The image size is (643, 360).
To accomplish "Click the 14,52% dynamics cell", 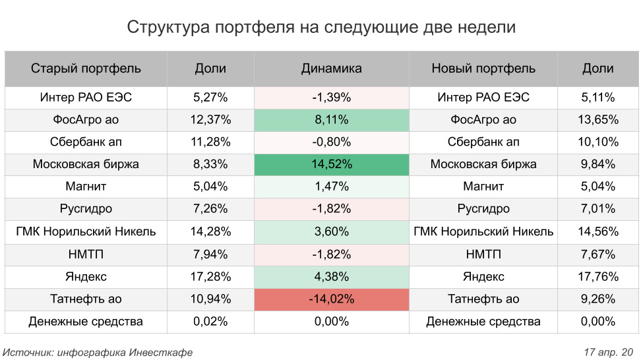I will click(332, 164).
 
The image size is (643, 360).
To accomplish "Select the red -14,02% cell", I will click(332, 299).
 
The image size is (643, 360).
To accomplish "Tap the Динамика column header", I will click(332, 68).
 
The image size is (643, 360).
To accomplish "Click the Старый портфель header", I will click(86, 68).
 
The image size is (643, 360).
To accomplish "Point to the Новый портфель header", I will click(483, 68).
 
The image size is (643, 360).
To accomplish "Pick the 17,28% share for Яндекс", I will click(210, 276).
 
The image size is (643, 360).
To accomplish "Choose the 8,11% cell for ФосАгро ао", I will click(332, 119).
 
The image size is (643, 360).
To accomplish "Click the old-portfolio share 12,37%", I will click(210, 119).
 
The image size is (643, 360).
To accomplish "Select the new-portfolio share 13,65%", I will click(598, 119).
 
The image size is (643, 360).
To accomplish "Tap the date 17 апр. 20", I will click(608, 352).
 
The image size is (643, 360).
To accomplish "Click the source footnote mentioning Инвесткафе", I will click(98, 352).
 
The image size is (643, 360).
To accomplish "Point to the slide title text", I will click(321, 28).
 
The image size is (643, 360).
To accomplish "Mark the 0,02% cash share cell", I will click(210, 321).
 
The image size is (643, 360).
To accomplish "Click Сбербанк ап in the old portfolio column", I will click(86, 142).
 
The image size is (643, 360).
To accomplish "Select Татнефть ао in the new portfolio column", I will click(483, 299).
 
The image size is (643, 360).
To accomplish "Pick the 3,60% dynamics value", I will click(332, 231).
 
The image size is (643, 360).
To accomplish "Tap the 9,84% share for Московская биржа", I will click(598, 164).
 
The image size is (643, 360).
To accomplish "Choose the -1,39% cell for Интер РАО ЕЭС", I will click(332, 97).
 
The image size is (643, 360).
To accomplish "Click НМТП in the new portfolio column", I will click(483, 254).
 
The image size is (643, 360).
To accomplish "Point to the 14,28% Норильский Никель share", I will click(210, 231).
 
